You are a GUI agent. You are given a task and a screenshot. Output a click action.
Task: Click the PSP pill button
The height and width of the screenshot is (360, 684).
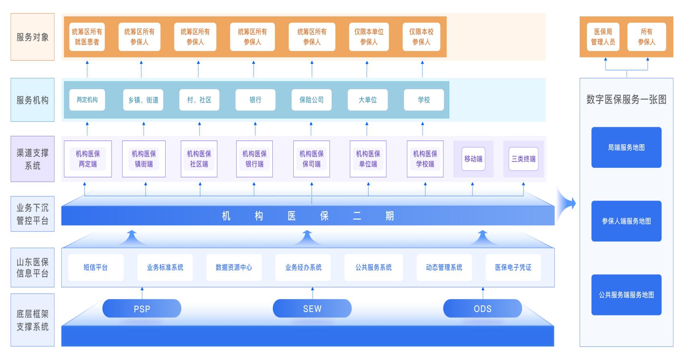(142, 309)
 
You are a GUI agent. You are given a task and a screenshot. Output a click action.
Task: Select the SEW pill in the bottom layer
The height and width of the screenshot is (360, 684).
(312, 309)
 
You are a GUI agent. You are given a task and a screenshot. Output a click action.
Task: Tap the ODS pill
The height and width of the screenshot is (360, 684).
(482, 309)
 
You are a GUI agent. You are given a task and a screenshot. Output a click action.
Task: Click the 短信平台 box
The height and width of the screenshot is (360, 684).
(95, 267)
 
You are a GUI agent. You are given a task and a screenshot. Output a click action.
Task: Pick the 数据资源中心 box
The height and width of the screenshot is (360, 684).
(234, 267)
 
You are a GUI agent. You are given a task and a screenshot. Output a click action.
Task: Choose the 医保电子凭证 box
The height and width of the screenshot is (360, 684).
(513, 267)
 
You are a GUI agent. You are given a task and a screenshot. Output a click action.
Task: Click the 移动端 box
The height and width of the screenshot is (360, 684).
(473, 159)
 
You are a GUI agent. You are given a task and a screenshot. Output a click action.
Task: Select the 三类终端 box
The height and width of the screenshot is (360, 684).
(524, 159)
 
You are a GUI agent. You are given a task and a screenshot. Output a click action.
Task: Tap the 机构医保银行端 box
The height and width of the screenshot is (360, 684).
(254, 159)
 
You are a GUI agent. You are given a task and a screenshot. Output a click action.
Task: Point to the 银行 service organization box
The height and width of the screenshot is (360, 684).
(256, 100)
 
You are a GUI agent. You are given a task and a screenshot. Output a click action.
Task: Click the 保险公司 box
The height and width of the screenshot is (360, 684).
(312, 100)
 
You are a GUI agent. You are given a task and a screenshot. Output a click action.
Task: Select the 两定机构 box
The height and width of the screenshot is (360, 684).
(87, 100)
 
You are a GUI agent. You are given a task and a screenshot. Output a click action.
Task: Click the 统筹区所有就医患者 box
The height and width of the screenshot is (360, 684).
(87, 37)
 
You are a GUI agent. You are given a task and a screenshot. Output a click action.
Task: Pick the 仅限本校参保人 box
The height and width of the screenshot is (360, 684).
(422, 37)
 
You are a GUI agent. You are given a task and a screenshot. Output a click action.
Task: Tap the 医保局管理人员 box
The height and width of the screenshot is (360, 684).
(603, 37)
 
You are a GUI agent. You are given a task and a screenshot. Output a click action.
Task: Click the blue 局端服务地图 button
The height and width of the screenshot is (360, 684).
(626, 147)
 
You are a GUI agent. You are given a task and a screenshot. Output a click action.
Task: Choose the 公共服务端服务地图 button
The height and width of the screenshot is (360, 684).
(626, 295)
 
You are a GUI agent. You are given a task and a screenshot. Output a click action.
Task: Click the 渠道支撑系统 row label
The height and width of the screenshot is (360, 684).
(32, 159)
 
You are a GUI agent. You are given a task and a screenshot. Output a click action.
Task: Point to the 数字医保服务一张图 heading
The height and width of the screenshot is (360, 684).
(626, 100)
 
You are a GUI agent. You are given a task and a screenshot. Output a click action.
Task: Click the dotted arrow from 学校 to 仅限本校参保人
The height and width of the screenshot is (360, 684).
(422, 69)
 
